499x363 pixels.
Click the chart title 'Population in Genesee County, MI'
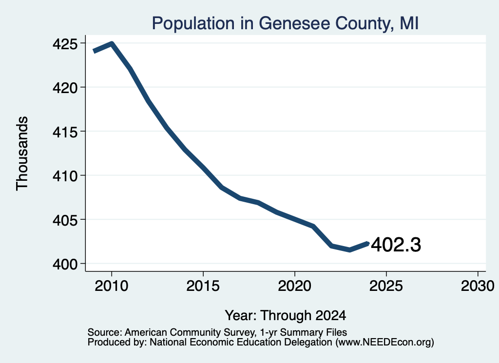click(x=285, y=23)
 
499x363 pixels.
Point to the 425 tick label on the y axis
click(x=65, y=44)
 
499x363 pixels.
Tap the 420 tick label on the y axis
click(x=65, y=88)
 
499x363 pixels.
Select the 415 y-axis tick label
click(x=65, y=132)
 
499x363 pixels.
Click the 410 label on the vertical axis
click(x=65, y=176)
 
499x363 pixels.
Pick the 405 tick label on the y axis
click(x=65, y=220)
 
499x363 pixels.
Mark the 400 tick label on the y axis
click(x=65, y=264)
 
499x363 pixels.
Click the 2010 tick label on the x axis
click(x=112, y=286)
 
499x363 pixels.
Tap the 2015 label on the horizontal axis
click(x=203, y=286)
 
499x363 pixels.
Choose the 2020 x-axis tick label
click(x=295, y=286)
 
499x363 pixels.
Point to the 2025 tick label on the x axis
click(x=386, y=286)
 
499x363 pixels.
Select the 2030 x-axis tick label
click(x=478, y=286)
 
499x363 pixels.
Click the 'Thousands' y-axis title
click(x=22, y=153)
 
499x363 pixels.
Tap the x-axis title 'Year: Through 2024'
click(x=286, y=316)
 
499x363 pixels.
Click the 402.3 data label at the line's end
click(x=396, y=245)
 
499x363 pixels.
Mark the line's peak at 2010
click(x=112, y=43)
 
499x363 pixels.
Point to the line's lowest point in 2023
click(x=350, y=250)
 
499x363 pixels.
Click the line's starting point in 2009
click(x=94, y=51)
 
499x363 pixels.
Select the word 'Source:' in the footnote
click(x=105, y=332)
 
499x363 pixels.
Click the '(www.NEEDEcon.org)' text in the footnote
click(x=385, y=343)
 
